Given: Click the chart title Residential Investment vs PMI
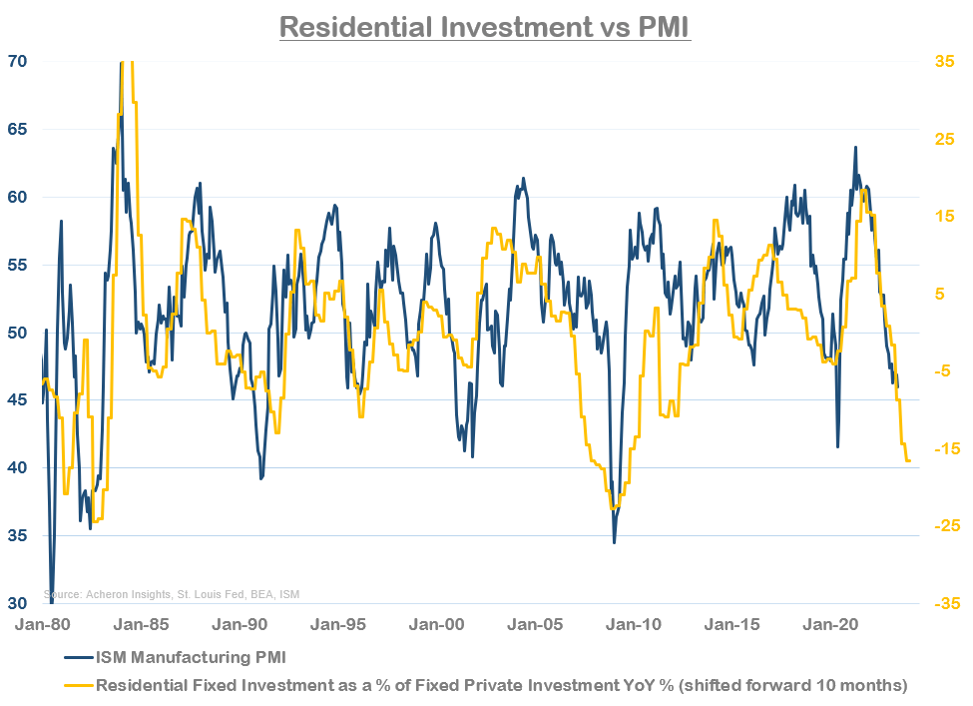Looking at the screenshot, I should click(x=485, y=25).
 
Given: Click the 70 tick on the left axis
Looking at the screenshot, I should click(x=18, y=61).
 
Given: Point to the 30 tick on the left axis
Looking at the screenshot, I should click(x=18, y=603).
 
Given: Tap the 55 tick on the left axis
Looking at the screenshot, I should click(x=18, y=265).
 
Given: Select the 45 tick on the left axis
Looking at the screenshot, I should click(x=18, y=400).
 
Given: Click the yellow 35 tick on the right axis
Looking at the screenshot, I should click(x=945, y=61).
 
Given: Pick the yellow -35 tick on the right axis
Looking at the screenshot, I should click(x=943, y=603).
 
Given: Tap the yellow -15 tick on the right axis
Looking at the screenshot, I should click(x=943, y=448).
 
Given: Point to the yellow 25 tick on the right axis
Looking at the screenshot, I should click(x=945, y=139).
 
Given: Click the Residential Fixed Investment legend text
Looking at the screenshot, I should click(x=500, y=684).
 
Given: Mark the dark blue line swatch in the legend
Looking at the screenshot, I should click(x=77, y=658).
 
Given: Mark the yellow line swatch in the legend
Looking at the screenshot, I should click(x=77, y=684).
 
